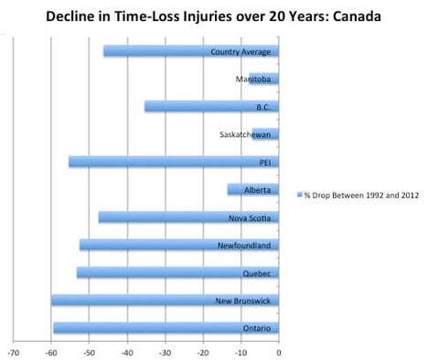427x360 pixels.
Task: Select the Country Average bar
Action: point(190,51)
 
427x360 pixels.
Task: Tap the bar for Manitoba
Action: point(263,79)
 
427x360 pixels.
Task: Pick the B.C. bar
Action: point(211,107)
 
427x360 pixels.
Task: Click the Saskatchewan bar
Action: point(265,134)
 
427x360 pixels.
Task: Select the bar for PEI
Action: point(173,162)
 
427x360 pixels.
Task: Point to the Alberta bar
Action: point(252,190)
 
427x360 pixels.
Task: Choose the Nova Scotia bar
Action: point(188,217)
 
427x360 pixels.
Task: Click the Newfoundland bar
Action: point(178,245)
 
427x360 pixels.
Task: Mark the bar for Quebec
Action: point(177,272)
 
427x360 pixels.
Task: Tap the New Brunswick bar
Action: point(165,300)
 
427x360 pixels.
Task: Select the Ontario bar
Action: point(165,328)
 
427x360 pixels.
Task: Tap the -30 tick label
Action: point(165,351)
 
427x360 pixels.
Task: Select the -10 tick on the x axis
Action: point(240,351)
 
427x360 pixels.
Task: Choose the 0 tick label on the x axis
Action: point(278,351)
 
